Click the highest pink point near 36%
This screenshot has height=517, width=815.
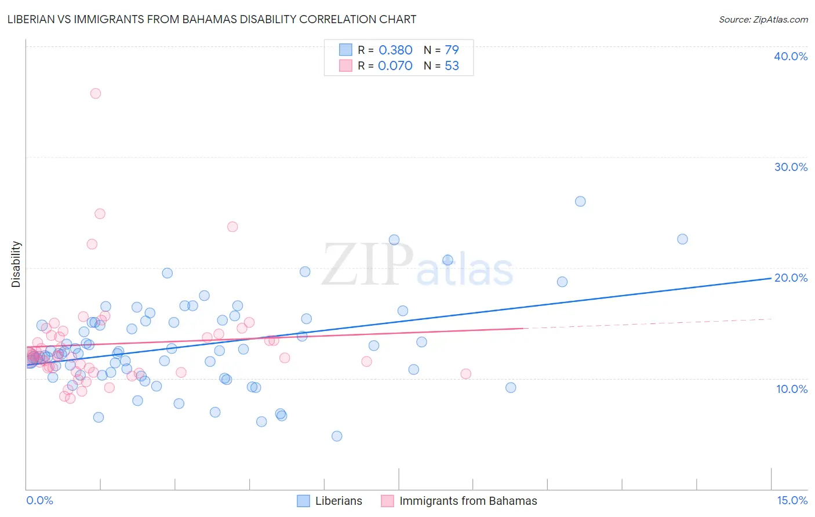tap(96, 93)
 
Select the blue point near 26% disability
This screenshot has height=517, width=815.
tap(580, 202)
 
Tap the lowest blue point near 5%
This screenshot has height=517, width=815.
tap(337, 436)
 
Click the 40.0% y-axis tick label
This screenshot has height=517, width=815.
tap(791, 56)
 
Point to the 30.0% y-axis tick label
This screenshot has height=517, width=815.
tap(791, 167)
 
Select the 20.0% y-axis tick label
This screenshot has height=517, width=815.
tap(791, 278)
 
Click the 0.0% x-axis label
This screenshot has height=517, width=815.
tap(39, 500)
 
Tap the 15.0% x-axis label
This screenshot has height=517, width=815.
tap(792, 500)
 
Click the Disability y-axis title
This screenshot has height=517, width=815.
tap(16, 264)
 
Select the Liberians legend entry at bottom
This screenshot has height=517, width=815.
tap(339, 501)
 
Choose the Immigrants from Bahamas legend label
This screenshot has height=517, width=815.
tap(468, 501)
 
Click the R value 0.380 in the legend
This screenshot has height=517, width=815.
tap(395, 50)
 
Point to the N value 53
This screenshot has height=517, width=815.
tap(452, 66)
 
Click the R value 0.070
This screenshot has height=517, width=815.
tap(395, 66)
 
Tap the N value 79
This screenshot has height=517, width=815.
tap(452, 50)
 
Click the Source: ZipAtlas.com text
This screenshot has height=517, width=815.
tap(763, 20)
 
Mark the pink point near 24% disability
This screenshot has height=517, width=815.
tap(232, 227)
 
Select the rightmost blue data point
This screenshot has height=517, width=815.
tap(682, 239)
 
